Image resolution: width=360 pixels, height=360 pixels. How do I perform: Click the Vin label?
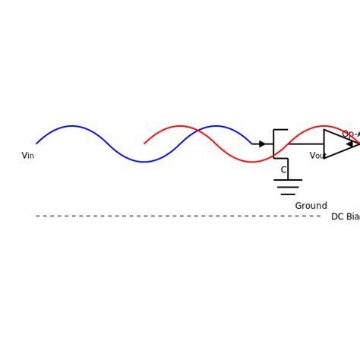[27, 156]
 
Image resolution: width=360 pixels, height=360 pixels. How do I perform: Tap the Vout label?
[317, 156]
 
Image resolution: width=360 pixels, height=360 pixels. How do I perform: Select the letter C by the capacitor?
[283, 170]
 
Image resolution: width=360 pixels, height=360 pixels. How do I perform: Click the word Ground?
[311, 206]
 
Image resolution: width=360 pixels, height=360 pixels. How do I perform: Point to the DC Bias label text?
[345, 216]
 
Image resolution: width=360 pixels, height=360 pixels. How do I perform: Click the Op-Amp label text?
[350, 134]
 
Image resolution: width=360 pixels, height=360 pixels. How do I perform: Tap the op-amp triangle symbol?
[336, 144]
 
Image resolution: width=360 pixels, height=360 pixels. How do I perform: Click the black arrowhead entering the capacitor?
[263, 144]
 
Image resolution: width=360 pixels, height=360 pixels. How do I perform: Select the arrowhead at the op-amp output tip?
[350, 144]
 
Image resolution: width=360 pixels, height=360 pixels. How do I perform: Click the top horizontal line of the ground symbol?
[288, 180]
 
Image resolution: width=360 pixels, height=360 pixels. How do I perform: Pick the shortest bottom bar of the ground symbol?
[288, 194]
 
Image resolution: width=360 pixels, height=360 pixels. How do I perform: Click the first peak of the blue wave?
[72, 126]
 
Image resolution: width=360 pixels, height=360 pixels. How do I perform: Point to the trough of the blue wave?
[144, 162]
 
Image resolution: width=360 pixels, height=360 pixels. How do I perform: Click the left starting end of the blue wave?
[36, 144]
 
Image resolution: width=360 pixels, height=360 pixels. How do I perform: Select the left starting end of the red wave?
[144, 144]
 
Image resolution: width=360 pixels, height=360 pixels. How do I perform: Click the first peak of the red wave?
[180, 126]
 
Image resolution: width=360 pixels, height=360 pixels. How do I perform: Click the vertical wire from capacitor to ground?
[288, 169]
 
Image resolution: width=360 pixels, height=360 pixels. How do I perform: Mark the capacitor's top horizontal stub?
[280, 130]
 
